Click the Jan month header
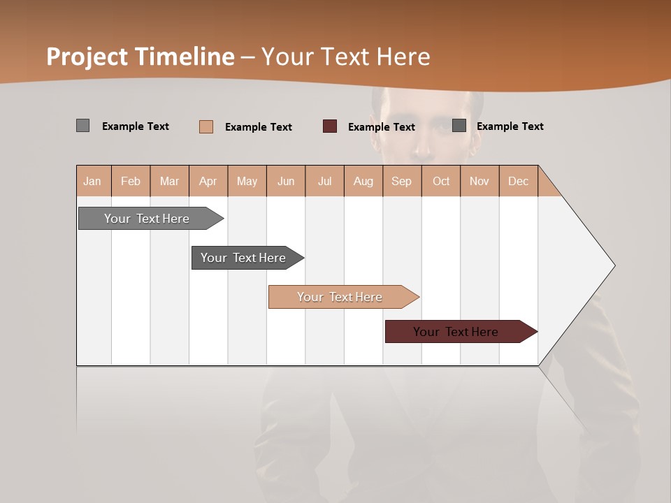coord(93,181)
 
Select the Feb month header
coord(131,181)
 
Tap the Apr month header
coord(208,181)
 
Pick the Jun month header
coord(286,181)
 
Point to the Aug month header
coord(363,181)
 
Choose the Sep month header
coord(402,181)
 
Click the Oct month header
coord(441,181)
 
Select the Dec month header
coord(519,181)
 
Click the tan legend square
coord(206,126)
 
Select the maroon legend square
coord(330,126)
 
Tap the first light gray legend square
coord(83,126)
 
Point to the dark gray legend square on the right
coord(459,126)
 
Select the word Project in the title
coord(87,57)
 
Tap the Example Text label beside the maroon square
coord(382,127)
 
